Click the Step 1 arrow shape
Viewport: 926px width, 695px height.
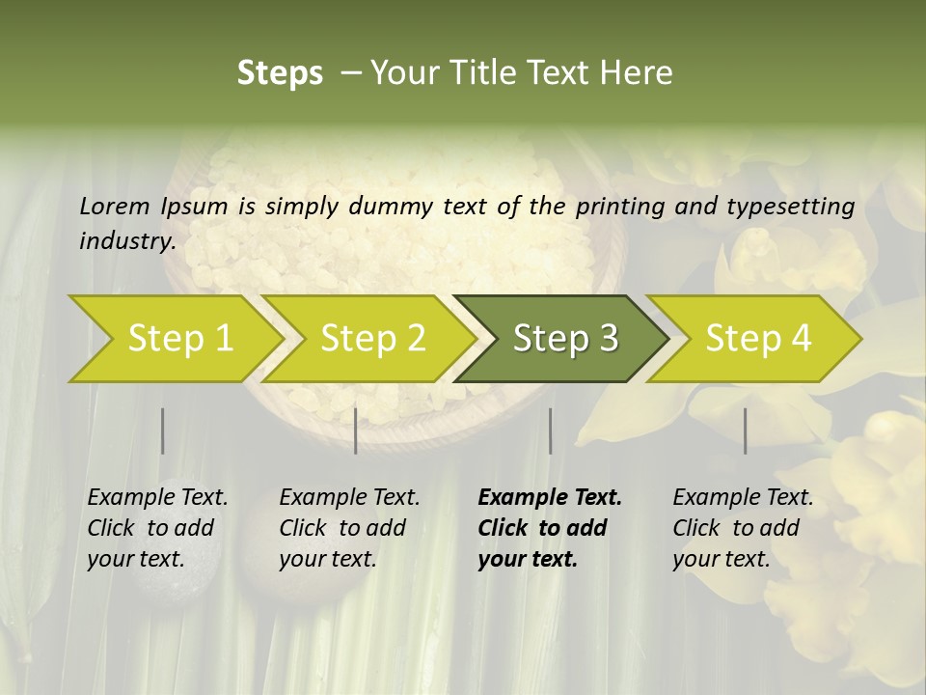[179, 339]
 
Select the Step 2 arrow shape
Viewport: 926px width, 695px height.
[372, 339]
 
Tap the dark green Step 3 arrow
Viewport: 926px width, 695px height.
[565, 339]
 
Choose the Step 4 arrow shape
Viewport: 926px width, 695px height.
[758, 339]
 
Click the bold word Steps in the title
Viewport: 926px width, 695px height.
[280, 73]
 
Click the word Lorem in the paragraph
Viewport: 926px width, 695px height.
[115, 206]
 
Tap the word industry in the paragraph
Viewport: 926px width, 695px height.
[126, 240]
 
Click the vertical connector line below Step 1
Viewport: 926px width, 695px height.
[162, 431]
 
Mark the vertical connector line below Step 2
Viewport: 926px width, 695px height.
[356, 431]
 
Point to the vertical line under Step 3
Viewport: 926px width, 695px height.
[550, 431]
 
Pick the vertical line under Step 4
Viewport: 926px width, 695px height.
[745, 431]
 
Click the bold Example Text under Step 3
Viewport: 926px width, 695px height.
[550, 498]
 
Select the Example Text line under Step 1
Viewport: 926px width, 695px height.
[157, 498]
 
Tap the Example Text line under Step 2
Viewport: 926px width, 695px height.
[349, 498]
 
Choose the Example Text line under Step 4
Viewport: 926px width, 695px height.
[743, 498]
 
